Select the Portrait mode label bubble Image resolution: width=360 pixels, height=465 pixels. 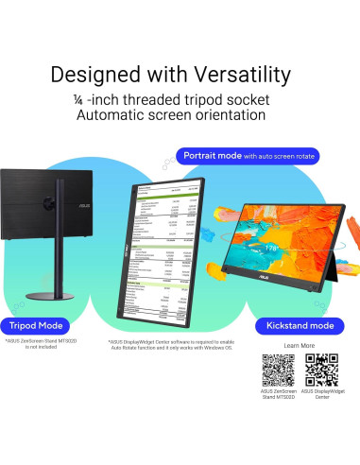[247, 154]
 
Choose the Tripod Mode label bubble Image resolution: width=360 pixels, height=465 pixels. [36, 324]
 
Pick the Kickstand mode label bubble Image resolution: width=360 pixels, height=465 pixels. [300, 325]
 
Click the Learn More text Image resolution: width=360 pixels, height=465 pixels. [299, 347]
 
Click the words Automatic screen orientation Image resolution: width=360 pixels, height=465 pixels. [180, 115]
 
